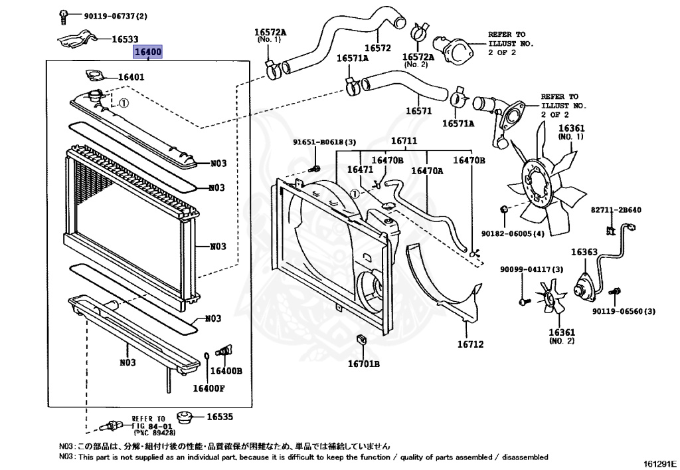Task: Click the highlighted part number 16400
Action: [147, 52]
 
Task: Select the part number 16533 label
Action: [125, 40]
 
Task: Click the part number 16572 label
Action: [378, 47]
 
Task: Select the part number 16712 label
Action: [469, 344]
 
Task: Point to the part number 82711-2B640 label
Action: [616, 210]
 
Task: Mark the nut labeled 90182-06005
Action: [504, 211]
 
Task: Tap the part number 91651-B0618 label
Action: [325, 142]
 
